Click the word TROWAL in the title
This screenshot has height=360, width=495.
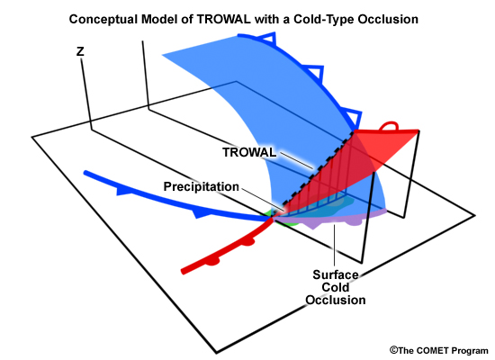point(223,19)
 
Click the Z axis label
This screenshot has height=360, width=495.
point(80,51)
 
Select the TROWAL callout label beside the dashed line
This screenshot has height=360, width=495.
point(249,152)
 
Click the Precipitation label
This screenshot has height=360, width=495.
point(201,186)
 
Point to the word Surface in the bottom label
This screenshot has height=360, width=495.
point(336,274)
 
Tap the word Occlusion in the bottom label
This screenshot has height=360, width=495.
point(336,300)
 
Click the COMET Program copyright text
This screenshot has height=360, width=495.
point(439,350)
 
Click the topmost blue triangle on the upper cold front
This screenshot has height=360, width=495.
point(267,39)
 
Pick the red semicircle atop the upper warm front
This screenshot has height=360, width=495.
point(389,126)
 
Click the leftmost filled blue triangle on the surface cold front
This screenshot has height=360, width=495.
point(124,191)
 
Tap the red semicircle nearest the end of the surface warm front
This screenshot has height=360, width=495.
point(212,262)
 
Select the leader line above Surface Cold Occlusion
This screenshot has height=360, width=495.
point(334,245)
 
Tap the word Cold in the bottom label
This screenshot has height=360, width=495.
point(336,287)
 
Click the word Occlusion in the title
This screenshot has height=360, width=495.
point(388,19)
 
